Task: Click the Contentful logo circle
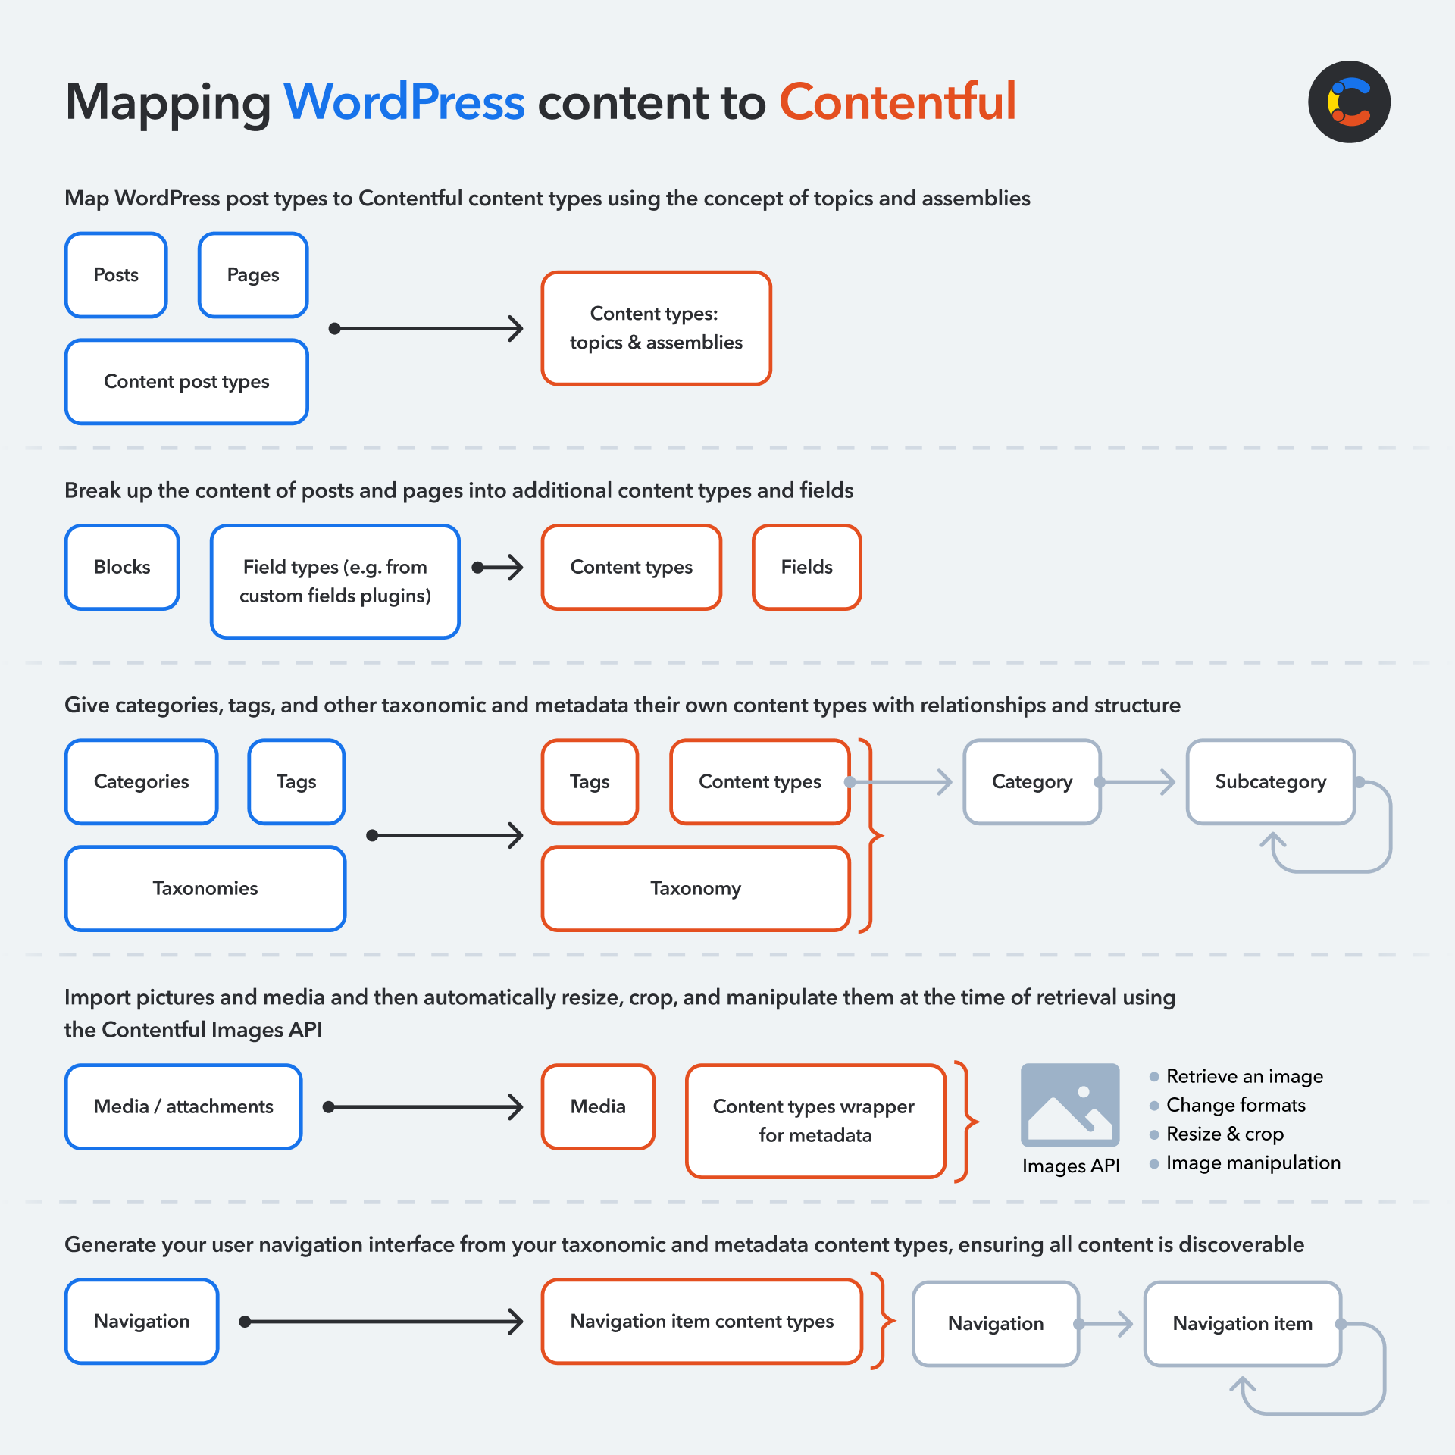tap(1349, 102)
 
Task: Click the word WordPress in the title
tap(404, 102)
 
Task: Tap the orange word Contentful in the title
tap(898, 102)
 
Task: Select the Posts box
tap(116, 275)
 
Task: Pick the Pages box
tap(253, 275)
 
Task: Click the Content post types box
tap(186, 382)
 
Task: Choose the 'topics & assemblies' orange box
tap(656, 328)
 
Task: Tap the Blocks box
tap(122, 568)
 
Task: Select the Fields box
tap(807, 568)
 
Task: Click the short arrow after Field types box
tap(498, 568)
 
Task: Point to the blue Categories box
tap(142, 782)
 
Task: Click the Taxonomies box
tap(205, 889)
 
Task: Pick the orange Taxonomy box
tap(696, 889)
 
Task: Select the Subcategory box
tap(1271, 782)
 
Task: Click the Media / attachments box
tap(183, 1107)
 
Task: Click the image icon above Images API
tap(1070, 1105)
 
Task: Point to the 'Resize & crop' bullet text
tap(1225, 1134)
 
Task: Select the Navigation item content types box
tap(702, 1322)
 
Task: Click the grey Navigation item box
tap(1243, 1324)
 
